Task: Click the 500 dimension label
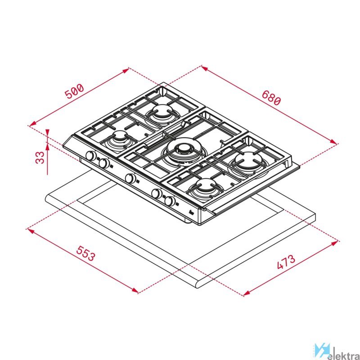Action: tap(74, 91)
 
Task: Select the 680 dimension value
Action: tap(271, 98)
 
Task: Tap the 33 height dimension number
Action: tap(40, 157)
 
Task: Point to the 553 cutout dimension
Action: tap(85, 253)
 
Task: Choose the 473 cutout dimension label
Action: tap(286, 262)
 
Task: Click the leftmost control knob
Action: tap(91, 155)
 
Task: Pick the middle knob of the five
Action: tap(130, 178)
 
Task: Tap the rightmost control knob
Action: tap(170, 201)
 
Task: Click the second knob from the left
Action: tap(104, 163)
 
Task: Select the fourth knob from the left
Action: tap(157, 193)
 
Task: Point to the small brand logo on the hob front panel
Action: tap(192, 213)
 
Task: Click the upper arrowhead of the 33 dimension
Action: tap(47, 133)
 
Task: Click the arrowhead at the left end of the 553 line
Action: tap(31, 230)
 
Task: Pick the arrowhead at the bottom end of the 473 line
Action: tap(247, 293)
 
